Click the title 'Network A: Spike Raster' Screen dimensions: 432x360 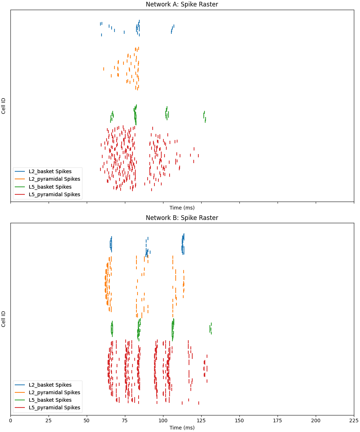click(x=182, y=4)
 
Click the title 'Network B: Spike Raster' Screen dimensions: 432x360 click(x=182, y=218)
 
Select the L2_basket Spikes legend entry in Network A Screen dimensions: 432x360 click(x=50, y=171)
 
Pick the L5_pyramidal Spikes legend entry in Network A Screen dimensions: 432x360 click(x=54, y=195)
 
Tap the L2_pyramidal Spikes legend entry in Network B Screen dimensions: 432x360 click(x=54, y=392)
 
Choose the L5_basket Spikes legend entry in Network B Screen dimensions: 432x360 click(x=50, y=400)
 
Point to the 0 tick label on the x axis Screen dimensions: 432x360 click(x=10, y=420)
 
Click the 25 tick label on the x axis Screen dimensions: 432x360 click(x=49, y=420)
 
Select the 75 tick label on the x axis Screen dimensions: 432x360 click(x=125, y=420)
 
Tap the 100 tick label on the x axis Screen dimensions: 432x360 click(x=163, y=420)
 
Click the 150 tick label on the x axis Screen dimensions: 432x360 click(x=239, y=420)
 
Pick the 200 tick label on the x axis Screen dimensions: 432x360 click(x=316, y=420)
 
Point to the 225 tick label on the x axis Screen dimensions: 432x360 click(x=354, y=420)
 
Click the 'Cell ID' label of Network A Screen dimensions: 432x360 click(x=4, y=106)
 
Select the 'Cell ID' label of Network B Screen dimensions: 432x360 click(x=4, y=319)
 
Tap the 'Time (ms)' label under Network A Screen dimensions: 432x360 click(x=182, y=208)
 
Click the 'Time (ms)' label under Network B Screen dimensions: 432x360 click(x=182, y=428)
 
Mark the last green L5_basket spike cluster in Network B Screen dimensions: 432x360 click(x=211, y=329)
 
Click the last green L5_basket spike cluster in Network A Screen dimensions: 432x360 click(x=204, y=116)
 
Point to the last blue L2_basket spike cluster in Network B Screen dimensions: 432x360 click(x=183, y=244)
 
